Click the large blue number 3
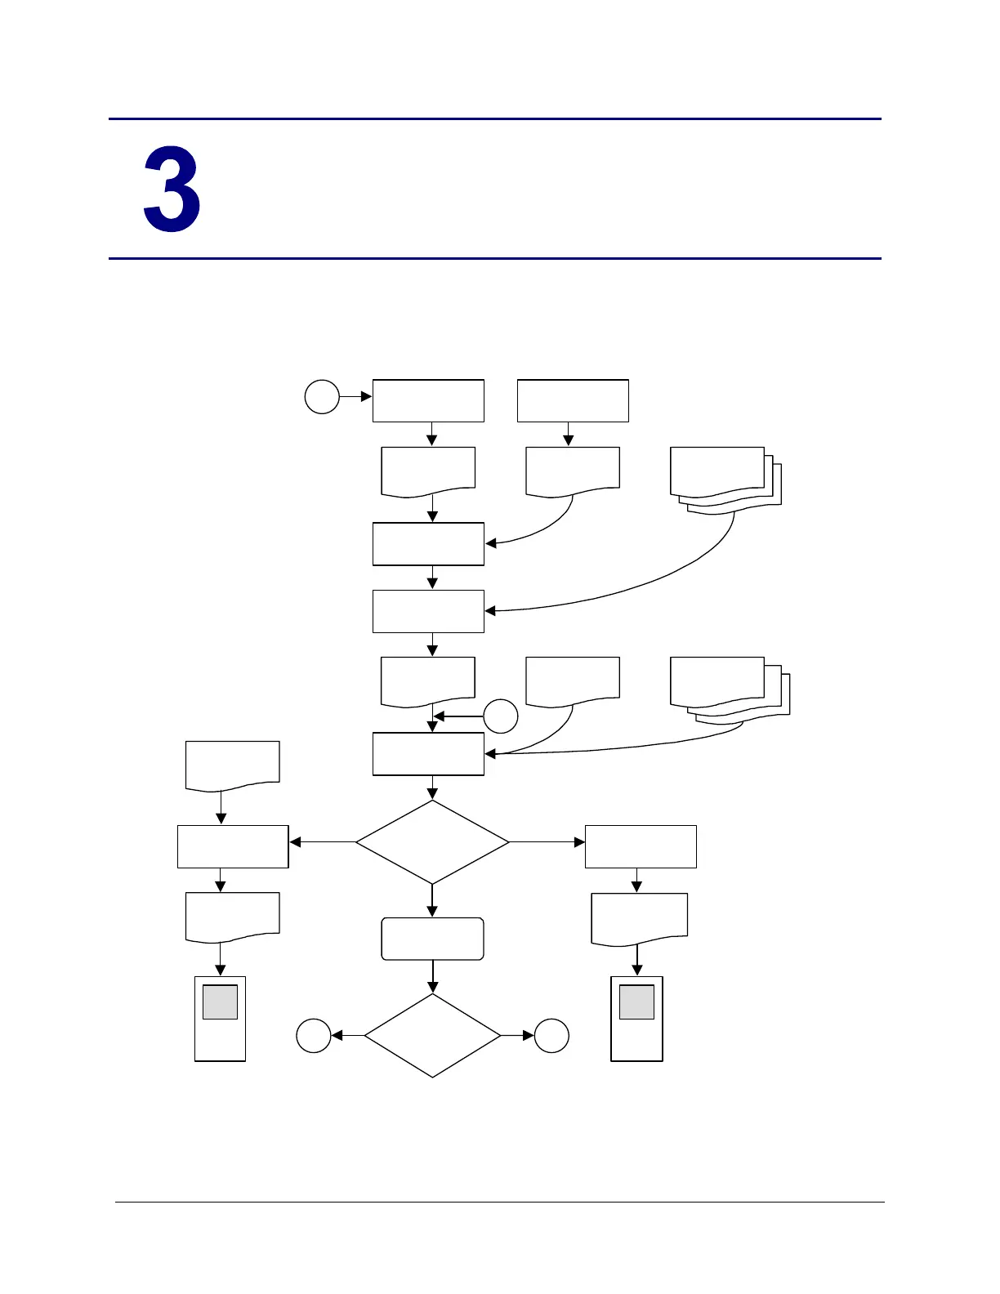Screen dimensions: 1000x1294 (x=172, y=190)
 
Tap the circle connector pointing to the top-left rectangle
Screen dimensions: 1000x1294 (x=322, y=397)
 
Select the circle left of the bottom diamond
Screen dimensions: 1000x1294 (x=313, y=1036)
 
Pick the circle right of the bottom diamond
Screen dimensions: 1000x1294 (x=551, y=1036)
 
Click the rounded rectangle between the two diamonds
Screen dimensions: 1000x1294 (x=432, y=939)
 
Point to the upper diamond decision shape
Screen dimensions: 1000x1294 (x=432, y=842)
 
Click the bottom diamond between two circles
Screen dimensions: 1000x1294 (x=432, y=1036)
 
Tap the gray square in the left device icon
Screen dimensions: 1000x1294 (x=220, y=1002)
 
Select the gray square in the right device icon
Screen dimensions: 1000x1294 (x=636, y=1002)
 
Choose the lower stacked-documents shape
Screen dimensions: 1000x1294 (x=728, y=689)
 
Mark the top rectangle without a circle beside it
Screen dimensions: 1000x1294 (x=573, y=400)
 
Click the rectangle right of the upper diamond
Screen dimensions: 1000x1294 (x=641, y=846)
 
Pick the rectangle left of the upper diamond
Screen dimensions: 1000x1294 (x=233, y=846)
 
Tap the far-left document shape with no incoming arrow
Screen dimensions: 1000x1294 (x=233, y=765)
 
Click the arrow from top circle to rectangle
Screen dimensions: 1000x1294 (x=355, y=397)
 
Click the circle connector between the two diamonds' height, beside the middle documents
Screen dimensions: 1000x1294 (x=501, y=716)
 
